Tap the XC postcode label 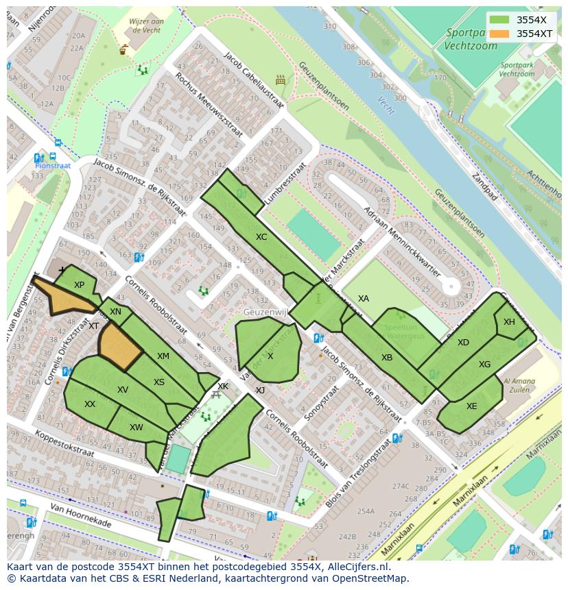[261, 237]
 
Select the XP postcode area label [79, 285]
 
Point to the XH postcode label [509, 322]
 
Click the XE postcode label [471, 406]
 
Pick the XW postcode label [137, 428]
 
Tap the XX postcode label [90, 404]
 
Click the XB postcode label [387, 358]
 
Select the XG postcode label [485, 365]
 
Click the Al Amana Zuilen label [521, 385]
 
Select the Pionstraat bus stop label [54, 165]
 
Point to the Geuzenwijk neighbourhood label [263, 312]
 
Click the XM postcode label [163, 356]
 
